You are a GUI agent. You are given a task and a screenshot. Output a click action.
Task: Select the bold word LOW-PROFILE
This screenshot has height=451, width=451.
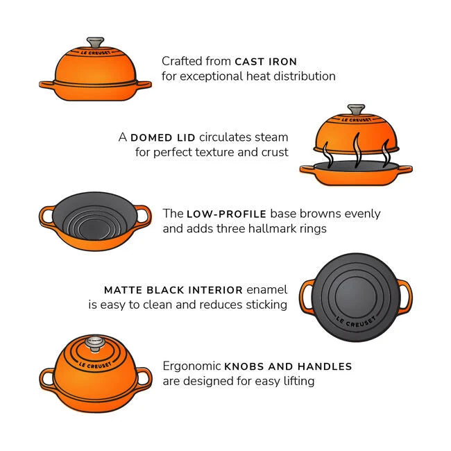point(226,214)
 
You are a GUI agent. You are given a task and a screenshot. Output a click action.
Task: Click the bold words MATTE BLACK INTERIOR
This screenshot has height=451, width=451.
point(173,290)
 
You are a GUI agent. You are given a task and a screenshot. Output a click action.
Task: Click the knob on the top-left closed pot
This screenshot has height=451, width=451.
point(94,42)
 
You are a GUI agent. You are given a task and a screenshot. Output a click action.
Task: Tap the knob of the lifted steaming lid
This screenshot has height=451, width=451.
point(357,110)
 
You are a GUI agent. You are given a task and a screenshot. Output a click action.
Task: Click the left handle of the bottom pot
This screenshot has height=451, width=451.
point(47,378)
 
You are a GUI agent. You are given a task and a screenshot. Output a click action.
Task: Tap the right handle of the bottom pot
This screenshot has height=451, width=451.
point(144,378)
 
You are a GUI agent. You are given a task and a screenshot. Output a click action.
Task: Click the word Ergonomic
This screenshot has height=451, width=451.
point(192,366)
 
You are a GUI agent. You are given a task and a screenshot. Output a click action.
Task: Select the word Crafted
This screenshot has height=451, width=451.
point(180,62)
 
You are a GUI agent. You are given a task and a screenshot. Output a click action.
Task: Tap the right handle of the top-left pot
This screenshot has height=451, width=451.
point(144,85)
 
